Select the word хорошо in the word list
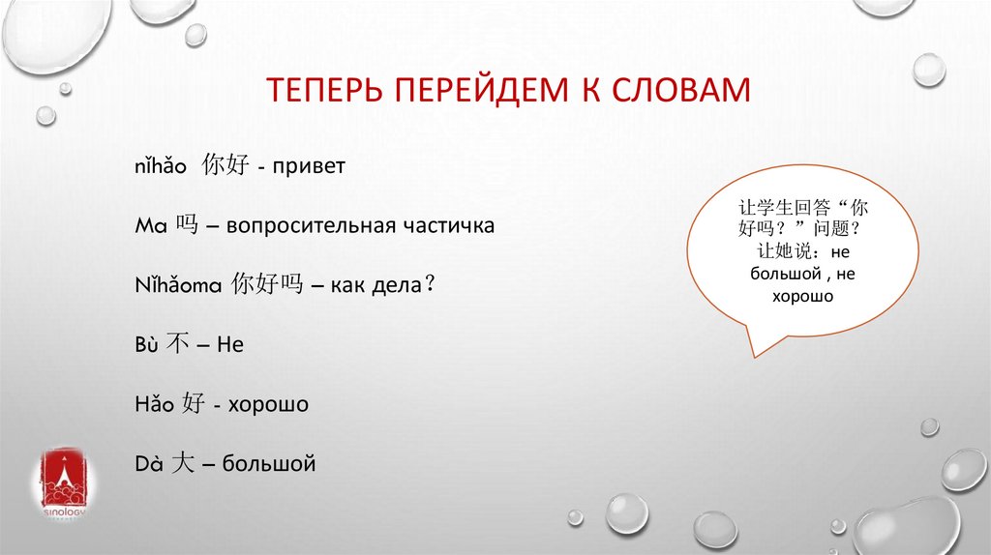(268, 404)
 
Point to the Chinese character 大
(183, 463)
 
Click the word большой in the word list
(269, 464)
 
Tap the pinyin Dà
(150, 464)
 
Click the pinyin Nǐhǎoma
(179, 286)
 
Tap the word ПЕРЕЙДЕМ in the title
(480, 90)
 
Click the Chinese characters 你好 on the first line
(225, 166)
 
